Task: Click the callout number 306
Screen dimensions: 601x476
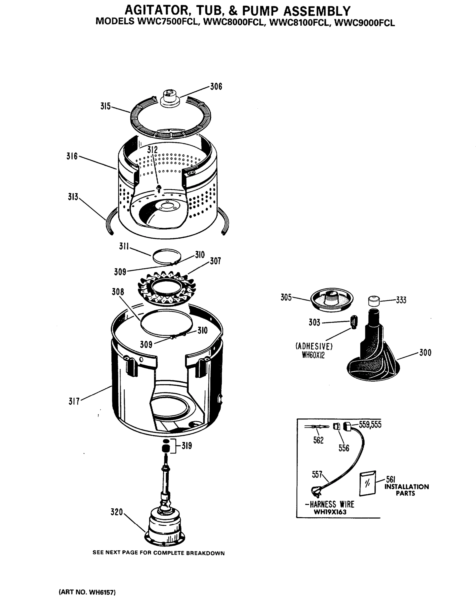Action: tap(216, 87)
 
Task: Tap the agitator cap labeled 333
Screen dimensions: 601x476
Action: tap(374, 301)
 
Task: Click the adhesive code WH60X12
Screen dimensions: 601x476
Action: tap(313, 355)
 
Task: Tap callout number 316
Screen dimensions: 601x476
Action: tap(72, 156)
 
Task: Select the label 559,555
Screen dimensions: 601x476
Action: tap(370, 424)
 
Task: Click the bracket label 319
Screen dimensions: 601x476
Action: tap(186, 446)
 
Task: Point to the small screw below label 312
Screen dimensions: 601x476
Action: tap(159, 188)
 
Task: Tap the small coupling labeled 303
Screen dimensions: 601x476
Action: tap(353, 322)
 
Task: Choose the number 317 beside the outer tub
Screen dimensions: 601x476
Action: tap(74, 401)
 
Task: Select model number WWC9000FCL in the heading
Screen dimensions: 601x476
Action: tap(364, 23)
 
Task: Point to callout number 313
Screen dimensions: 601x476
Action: tap(73, 197)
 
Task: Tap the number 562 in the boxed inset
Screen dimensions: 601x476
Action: tap(318, 440)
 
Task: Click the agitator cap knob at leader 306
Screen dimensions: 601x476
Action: tap(170, 98)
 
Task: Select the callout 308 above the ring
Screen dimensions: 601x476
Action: tap(118, 292)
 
